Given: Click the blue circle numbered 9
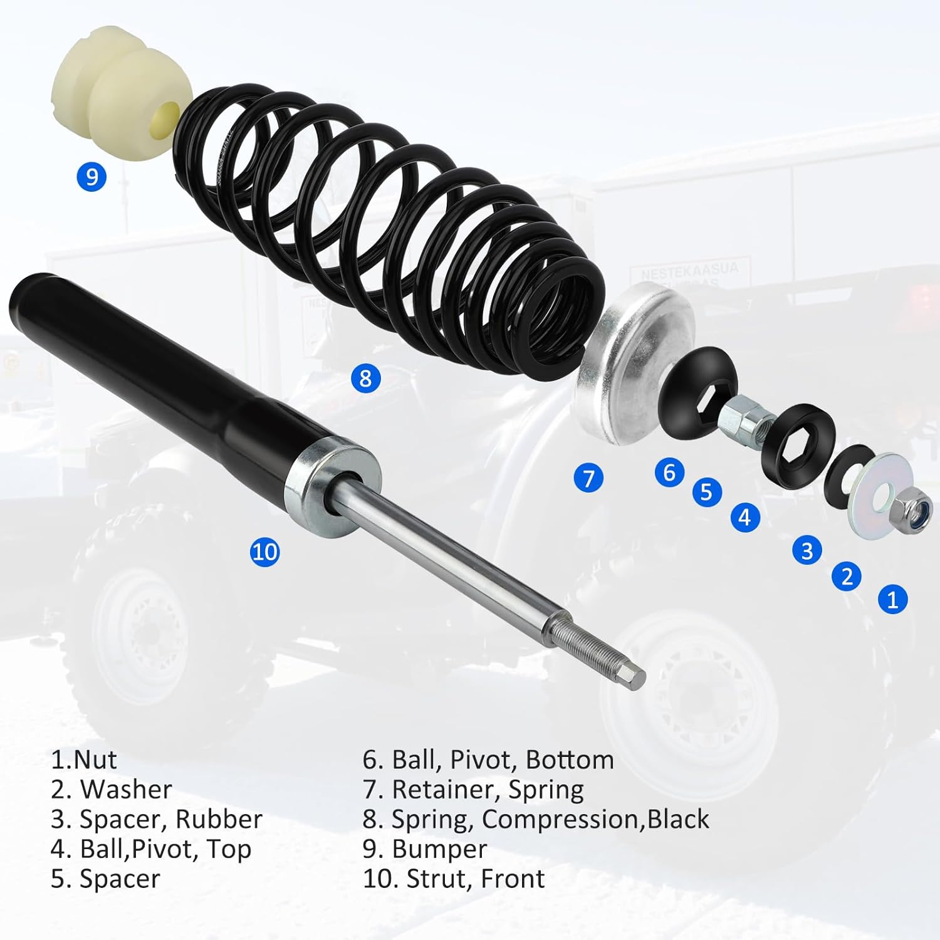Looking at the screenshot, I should tap(91, 177).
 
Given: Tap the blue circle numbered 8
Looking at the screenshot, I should tap(365, 378).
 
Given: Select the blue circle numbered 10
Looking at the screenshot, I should tap(264, 551).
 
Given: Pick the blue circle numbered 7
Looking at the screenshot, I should tap(588, 479).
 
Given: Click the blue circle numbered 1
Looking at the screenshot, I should tap(892, 599).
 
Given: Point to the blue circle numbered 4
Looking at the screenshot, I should tap(744, 518).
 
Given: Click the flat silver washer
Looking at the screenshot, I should tap(871, 495).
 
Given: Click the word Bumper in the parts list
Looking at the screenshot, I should tap(439, 849).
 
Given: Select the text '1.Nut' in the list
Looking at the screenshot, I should tap(83, 760).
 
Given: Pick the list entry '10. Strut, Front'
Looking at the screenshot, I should tap(454, 879).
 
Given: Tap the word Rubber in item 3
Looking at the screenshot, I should tap(219, 819).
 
